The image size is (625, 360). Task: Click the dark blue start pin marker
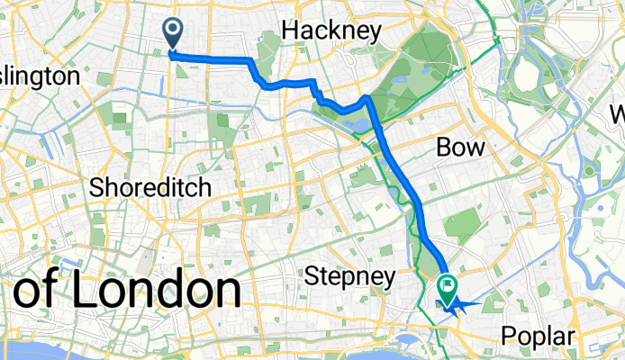click(x=172, y=34)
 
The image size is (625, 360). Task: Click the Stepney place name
click(x=349, y=274)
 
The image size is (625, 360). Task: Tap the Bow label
click(x=460, y=147)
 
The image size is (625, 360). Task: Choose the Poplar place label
click(x=538, y=336)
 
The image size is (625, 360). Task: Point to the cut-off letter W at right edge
click(x=617, y=115)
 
